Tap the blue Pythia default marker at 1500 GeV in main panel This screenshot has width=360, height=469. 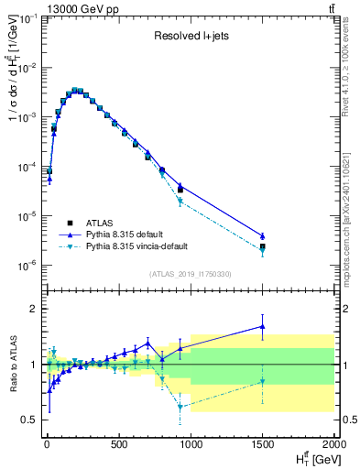tap(262, 236)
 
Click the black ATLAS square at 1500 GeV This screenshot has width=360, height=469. tap(262, 246)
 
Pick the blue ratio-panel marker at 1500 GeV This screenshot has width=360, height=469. tap(262, 326)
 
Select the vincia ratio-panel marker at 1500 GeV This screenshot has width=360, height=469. tap(262, 381)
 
